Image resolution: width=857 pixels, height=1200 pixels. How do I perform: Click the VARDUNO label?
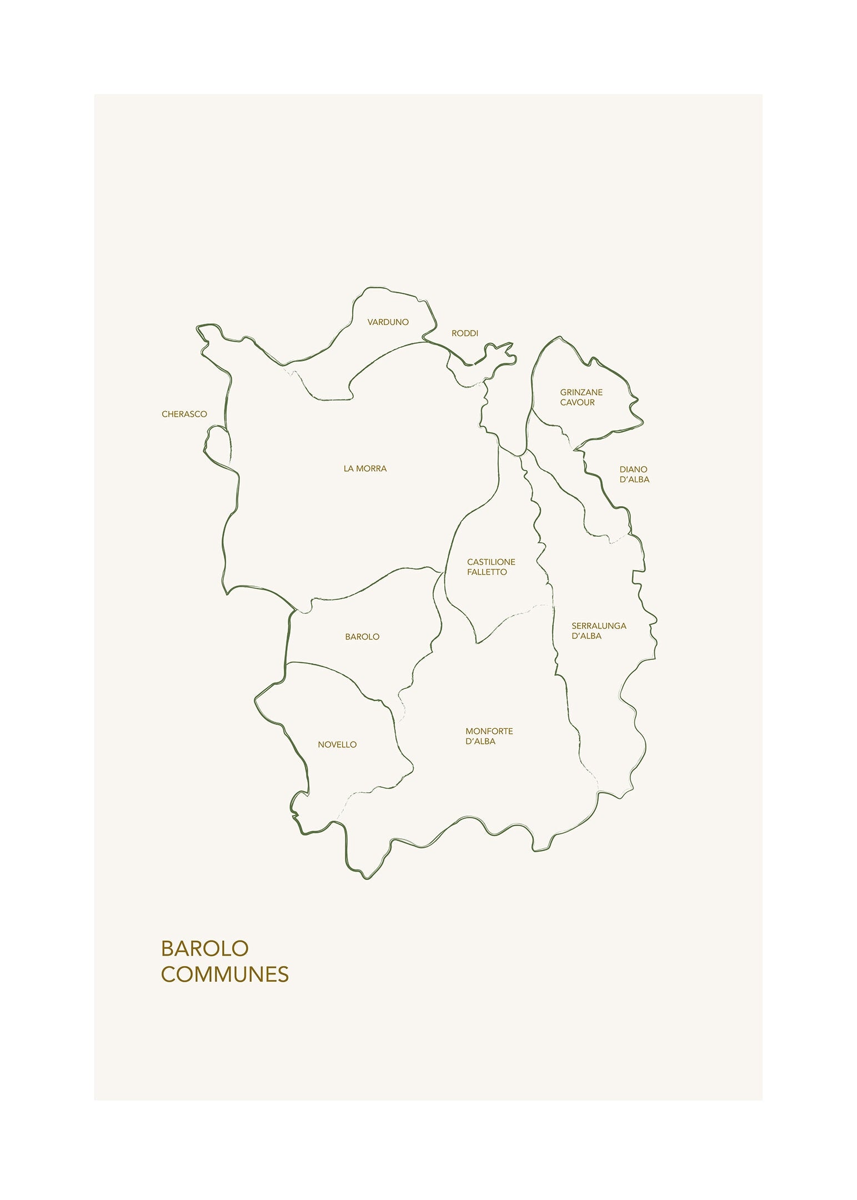point(388,322)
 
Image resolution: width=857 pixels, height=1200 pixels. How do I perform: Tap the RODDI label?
point(464,333)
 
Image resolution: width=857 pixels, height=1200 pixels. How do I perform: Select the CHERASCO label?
point(184,414)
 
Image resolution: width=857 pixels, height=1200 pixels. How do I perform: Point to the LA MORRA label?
point(365,468)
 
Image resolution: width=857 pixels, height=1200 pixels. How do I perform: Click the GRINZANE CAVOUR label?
point(581,397)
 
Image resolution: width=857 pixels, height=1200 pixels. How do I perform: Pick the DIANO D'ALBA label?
point(634,474)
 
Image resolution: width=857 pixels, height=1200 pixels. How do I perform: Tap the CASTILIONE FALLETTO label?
point(491,567)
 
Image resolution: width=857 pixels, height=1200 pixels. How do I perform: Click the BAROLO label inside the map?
point(362,637)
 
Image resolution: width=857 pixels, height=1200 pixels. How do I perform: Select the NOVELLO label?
point(337,744)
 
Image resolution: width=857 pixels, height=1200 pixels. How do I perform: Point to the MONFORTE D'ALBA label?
point(489,736)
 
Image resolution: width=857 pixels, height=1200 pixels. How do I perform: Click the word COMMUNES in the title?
point(225,974)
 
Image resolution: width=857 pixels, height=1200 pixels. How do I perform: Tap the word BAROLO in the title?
point(204,948)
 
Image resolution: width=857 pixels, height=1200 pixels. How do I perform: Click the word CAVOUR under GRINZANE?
point(577,402)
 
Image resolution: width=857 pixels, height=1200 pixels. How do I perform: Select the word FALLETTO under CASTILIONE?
point(487,572)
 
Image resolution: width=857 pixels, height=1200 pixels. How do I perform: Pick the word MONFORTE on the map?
point(489,731)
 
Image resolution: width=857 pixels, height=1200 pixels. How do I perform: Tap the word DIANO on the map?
point(633,469)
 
